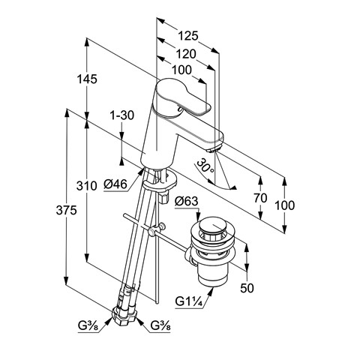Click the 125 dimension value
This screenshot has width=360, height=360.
(188, 36)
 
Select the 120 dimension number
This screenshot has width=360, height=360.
(186, 54)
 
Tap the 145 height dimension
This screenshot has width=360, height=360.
(87, 79)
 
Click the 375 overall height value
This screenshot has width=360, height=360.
(66, 210)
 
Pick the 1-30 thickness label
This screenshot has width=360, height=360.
(122, 115)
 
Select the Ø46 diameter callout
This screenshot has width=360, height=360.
(115, 184)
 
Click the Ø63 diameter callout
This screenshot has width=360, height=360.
(187, 201)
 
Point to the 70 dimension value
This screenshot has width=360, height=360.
(260, 198)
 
